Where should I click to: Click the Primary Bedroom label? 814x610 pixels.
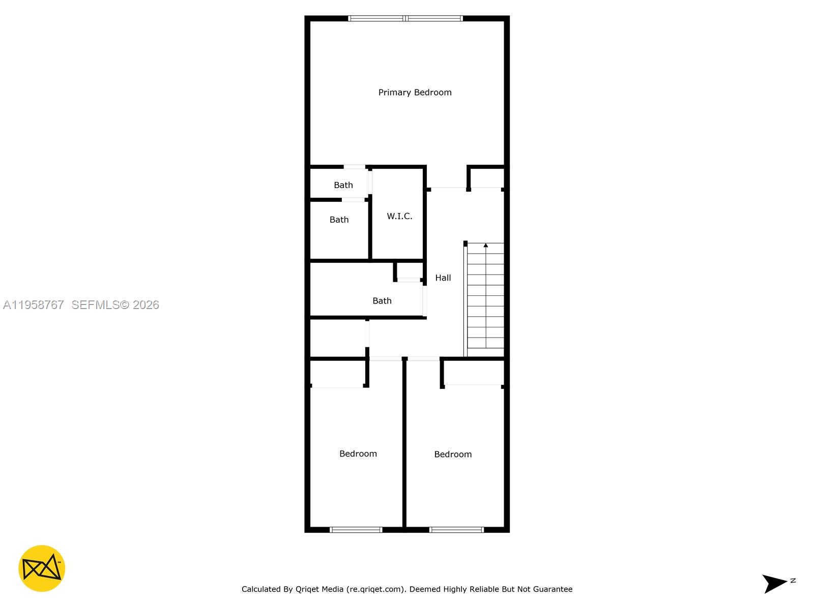[415, 93]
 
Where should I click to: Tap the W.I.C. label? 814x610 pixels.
[399, 216]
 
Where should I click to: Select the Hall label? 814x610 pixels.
[443, 278]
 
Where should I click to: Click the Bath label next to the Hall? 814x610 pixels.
[382, 301]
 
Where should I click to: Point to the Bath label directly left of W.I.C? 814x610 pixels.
[339, 220]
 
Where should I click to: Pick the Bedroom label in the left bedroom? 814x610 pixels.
[358, 454]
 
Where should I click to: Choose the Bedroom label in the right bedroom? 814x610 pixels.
[453, 454]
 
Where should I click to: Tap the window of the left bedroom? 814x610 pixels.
[356, 530]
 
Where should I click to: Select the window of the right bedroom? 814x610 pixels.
[456, 530]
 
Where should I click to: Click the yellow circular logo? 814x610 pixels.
[42, 568]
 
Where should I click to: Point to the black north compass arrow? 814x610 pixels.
[774, 583]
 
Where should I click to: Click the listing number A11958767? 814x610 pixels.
[34, 305]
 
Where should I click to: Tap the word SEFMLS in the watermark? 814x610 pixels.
[95, 305]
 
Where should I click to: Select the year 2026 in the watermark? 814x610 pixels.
[146, 305]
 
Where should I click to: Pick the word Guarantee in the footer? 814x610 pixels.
[552, 589]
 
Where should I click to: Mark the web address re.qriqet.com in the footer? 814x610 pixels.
[375, 589]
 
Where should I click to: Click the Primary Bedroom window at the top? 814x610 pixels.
[405, 18]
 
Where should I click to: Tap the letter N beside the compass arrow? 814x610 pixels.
[793, 581]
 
